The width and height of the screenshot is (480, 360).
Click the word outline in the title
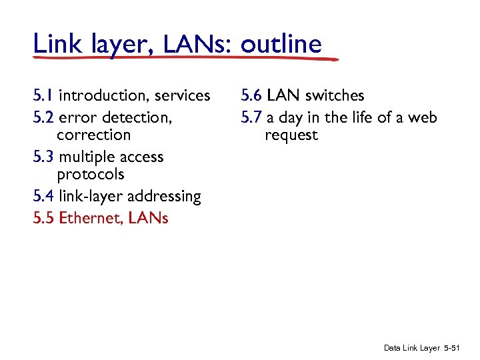[281, 44]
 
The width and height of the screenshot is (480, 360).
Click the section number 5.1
[43, 96]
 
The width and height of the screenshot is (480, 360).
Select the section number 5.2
[43, 118]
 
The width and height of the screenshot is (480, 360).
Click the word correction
[94, 135]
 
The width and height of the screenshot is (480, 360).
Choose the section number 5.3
[43, 157]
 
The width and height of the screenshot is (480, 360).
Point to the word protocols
[91, 175]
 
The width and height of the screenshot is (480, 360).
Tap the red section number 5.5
[43, 218]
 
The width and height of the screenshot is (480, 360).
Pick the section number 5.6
[251, 96]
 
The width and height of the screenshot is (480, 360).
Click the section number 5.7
[251, 118]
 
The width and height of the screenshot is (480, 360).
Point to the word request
[291, 136]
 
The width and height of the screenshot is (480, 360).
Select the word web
[424, 118]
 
